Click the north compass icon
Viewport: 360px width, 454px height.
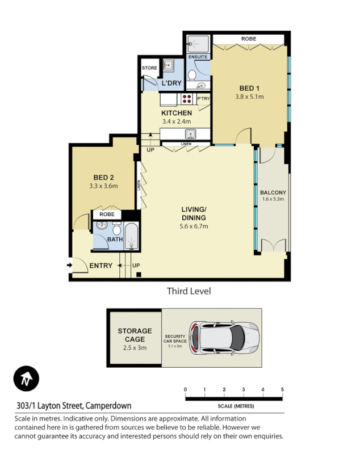point(26,379)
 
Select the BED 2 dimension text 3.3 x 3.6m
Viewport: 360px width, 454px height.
point(103,186)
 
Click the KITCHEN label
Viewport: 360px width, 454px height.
point(176,113)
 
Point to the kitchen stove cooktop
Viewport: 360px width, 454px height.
point(186,99)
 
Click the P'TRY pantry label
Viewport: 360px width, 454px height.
point(203,99)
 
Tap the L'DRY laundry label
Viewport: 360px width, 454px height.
point(171,83)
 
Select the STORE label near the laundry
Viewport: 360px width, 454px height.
point(149,68)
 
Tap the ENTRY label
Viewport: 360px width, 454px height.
point(101,266)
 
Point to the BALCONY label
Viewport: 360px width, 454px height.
point(273,192)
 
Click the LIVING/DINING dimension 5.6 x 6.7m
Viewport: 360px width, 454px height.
point(194,226)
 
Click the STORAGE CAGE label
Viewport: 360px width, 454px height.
point(135,335)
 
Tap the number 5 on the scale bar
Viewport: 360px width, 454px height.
point(282,389)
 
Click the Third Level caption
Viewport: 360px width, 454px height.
point(189,291)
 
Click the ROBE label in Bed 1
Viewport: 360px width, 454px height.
point(248,39)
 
